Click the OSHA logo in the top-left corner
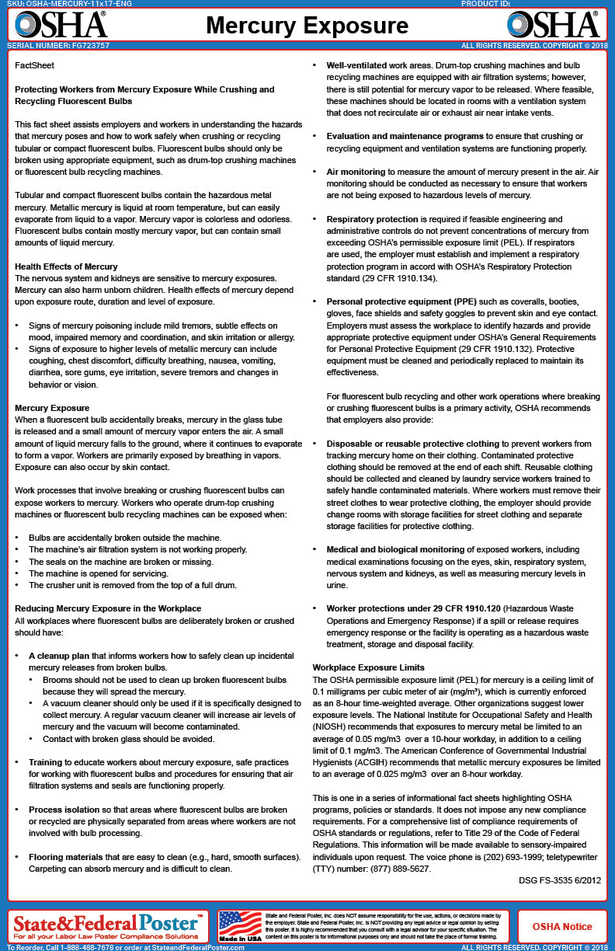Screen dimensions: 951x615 coord(61,25)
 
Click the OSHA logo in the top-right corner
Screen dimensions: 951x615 coord(553,25)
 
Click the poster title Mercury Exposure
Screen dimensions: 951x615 coord(307,26)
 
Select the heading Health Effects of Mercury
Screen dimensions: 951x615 coord(66,266)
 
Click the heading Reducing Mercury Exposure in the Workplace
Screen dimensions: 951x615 coord(108,608)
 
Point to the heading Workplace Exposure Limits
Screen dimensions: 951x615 coord(368,667)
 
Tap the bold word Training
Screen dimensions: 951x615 coord(48,762)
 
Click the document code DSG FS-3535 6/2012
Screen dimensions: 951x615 coord(559,880)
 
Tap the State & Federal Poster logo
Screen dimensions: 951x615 coord(107,924)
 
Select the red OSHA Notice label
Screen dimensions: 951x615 coord(561,927)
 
